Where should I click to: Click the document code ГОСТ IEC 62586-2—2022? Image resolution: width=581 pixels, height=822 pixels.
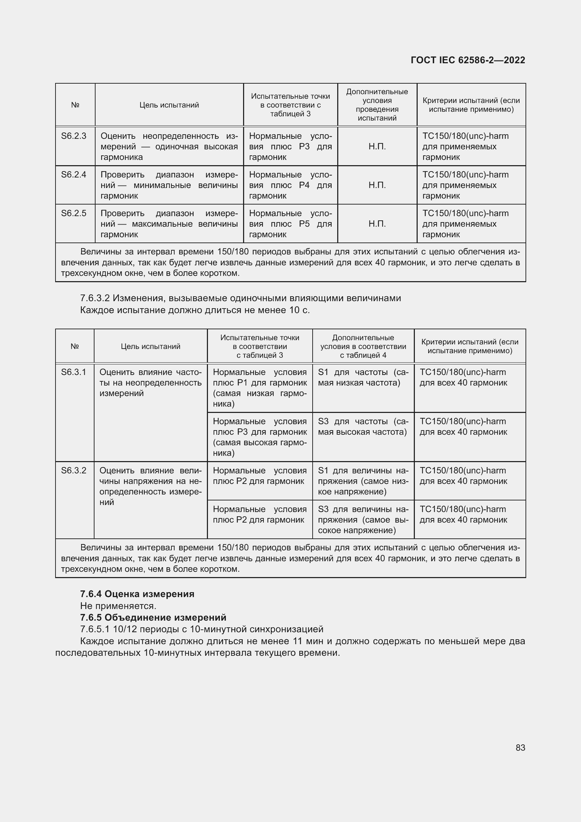[468, 60]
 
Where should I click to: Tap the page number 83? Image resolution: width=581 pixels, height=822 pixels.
[520, 747]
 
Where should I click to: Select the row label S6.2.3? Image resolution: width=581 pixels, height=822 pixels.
[74, 136]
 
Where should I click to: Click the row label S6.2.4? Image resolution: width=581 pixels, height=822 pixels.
[74, 175]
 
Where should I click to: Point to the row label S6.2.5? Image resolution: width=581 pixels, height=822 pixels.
[74, 213]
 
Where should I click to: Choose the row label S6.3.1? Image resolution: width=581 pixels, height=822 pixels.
[74, 372]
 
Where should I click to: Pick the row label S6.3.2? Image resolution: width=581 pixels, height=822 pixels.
[74, 471]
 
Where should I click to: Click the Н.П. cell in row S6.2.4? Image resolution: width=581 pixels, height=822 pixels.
[377, 185]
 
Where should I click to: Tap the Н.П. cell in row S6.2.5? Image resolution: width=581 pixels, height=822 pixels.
[377, 224]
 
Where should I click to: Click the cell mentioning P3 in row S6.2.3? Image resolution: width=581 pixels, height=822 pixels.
[290, 147]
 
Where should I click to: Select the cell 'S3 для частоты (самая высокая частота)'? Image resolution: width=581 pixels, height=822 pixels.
[363, 427]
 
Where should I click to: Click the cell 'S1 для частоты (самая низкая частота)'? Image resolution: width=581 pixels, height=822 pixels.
[363, 377]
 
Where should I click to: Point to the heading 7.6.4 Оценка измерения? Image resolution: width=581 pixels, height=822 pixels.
[137, 594]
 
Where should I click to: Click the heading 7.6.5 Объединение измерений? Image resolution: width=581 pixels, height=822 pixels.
[153, 617]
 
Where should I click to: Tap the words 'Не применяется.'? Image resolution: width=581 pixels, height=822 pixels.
[118, 606]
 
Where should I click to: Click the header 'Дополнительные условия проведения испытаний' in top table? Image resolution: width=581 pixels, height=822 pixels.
[377, 105]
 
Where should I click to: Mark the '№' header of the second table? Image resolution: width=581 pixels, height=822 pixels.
[74, 346]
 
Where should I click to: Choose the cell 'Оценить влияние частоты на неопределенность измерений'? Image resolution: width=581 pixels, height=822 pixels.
[150, 383]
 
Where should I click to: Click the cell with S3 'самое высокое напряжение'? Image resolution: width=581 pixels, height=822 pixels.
[363, 519]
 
